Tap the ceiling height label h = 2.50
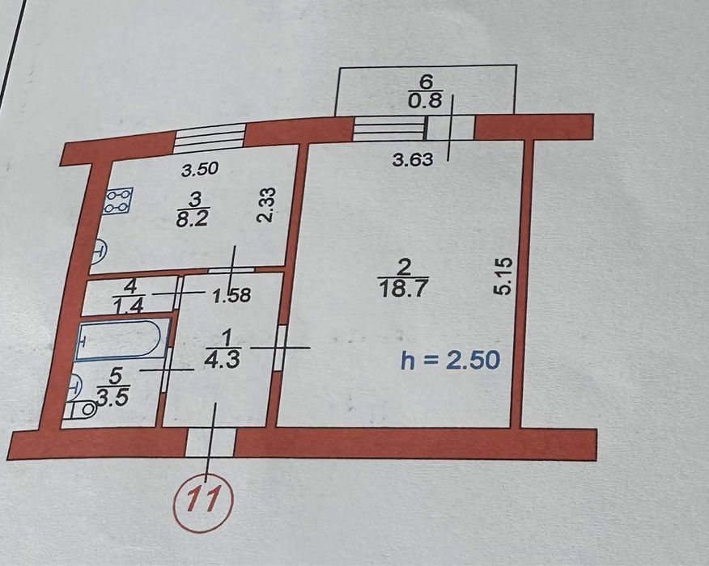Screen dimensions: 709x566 450,360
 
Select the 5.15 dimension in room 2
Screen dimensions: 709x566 504,276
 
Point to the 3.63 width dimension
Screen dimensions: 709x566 413,160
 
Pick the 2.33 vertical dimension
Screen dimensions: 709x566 265,205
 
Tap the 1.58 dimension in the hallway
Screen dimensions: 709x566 232,296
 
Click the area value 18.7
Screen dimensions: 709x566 402,289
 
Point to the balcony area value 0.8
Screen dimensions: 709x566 425,100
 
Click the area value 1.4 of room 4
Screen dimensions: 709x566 129,306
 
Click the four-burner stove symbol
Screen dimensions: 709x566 119,200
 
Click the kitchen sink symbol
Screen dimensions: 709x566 100,252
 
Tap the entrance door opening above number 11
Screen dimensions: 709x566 210,442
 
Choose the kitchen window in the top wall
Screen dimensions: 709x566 210,140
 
